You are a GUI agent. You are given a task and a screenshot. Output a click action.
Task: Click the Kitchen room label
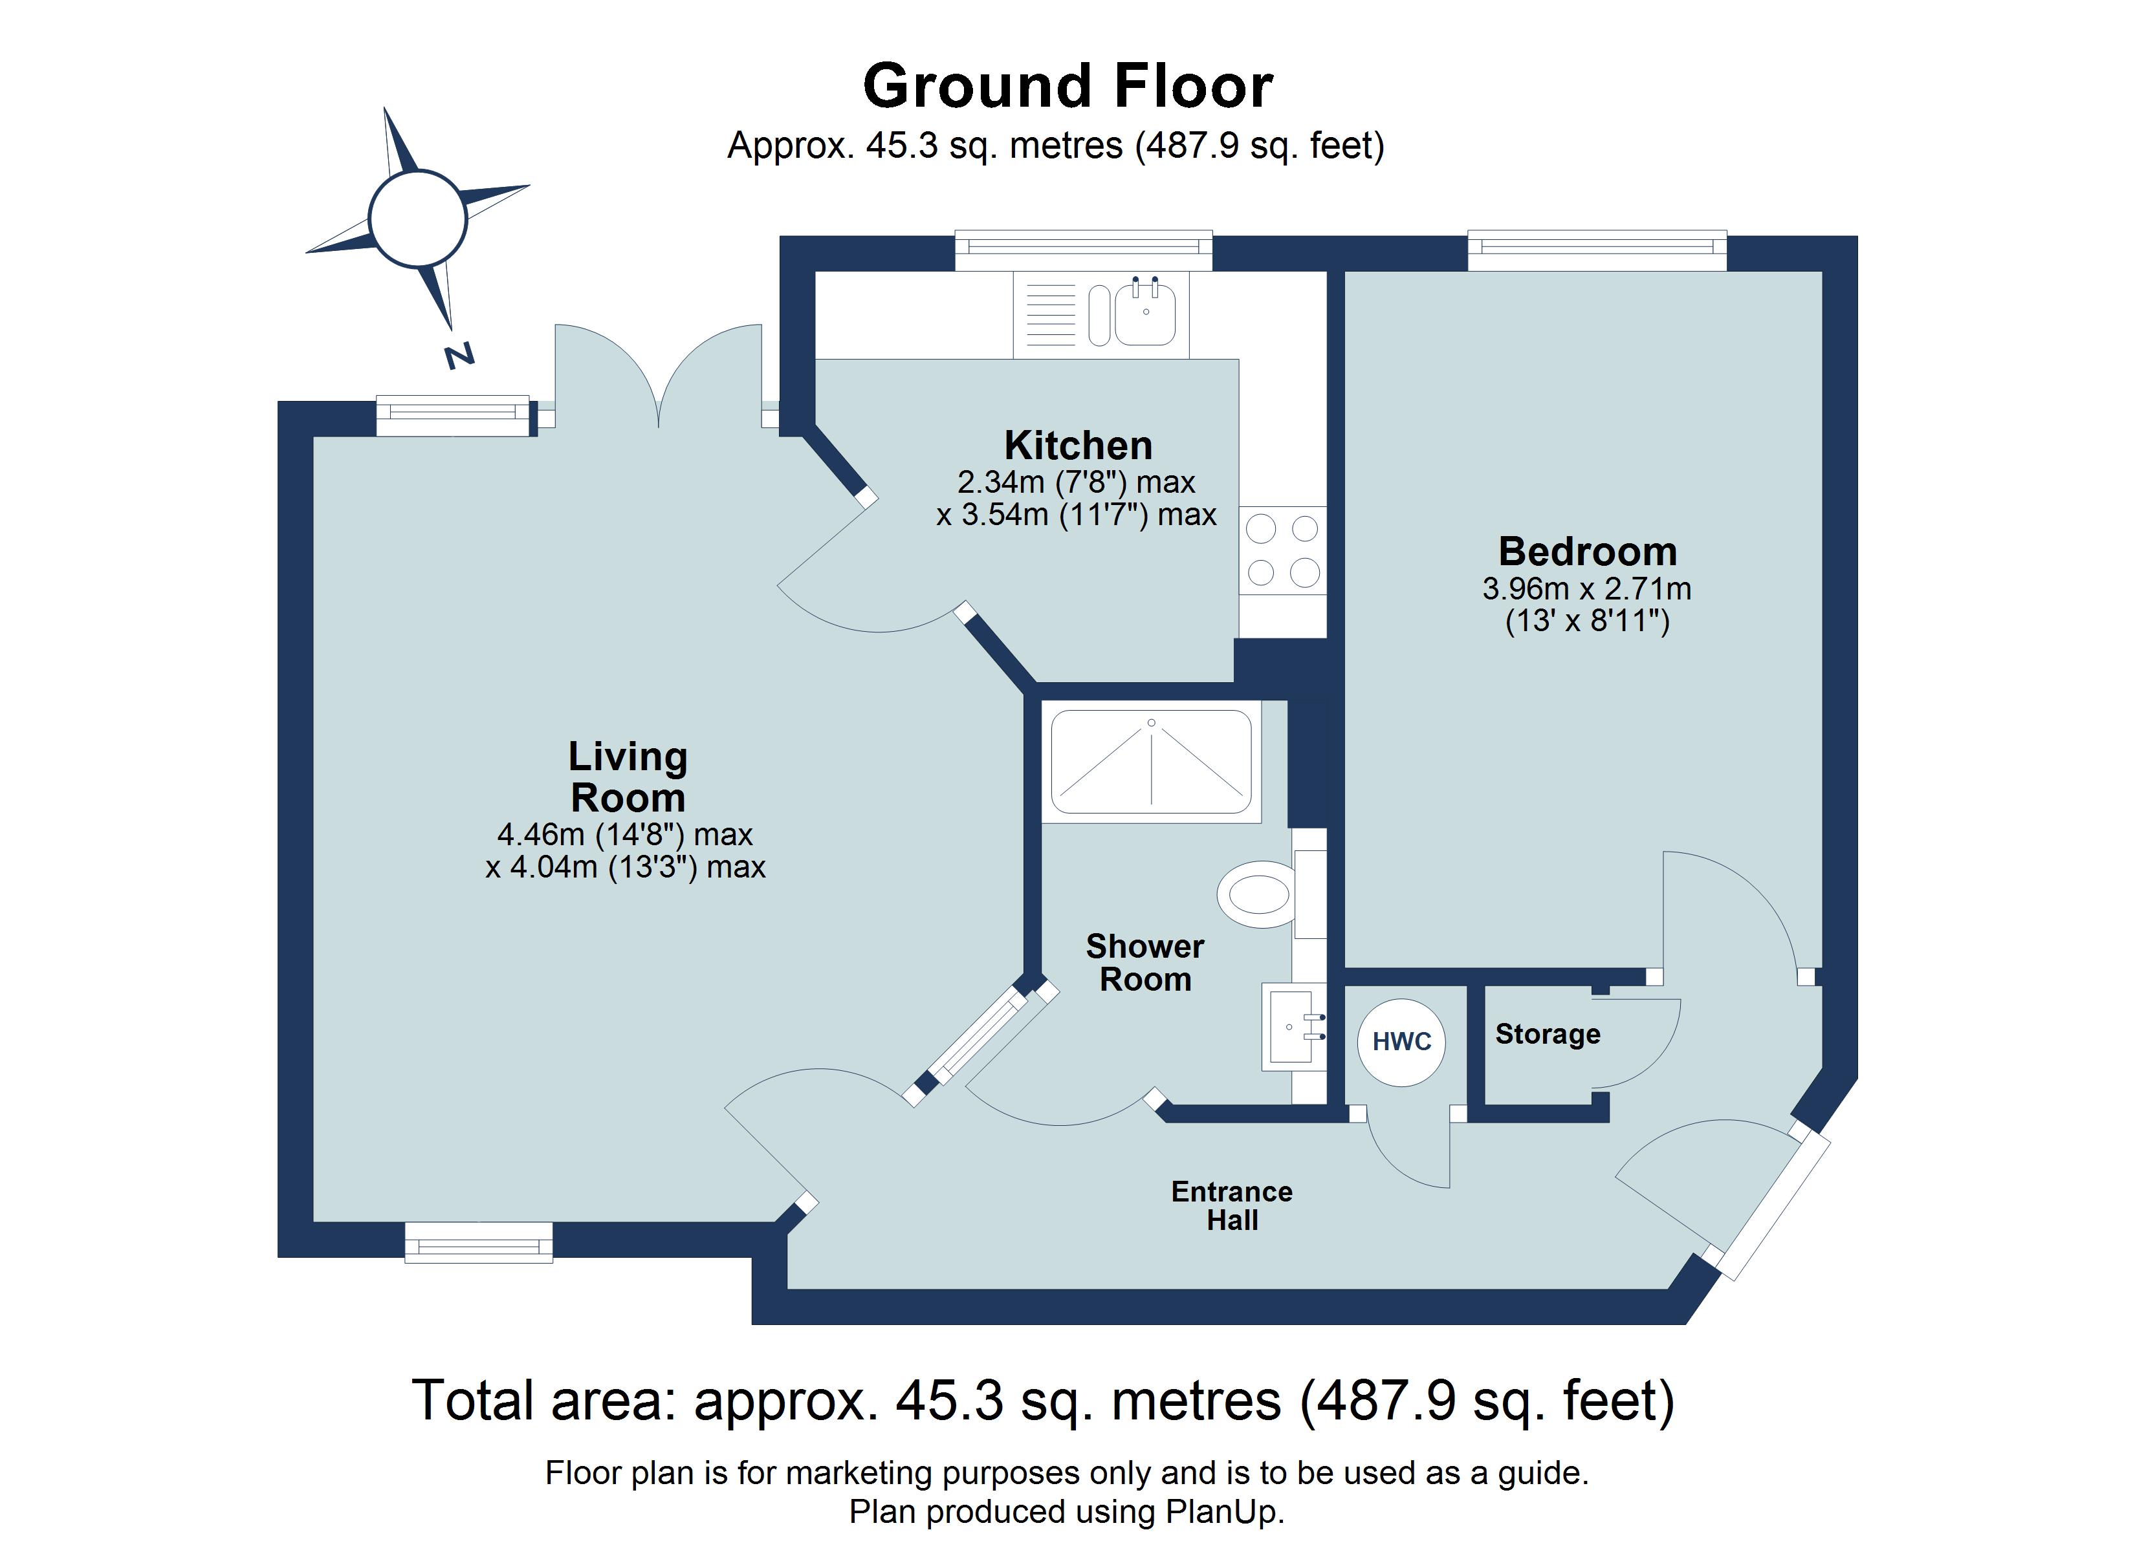point(1078,445)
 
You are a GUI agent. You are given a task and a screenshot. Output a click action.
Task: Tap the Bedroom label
point(1587,552)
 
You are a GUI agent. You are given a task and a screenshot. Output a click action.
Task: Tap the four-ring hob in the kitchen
point(1282,550)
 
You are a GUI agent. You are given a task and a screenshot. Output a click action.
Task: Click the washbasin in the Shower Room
point(1291,1027)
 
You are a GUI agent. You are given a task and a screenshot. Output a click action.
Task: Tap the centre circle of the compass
point(418,219)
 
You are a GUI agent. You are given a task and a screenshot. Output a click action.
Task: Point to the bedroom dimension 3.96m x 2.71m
point(1586,589)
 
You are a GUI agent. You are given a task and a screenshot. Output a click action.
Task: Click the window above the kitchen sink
point(1084,248)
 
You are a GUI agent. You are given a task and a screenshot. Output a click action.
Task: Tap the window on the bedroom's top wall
point(1597,248)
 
